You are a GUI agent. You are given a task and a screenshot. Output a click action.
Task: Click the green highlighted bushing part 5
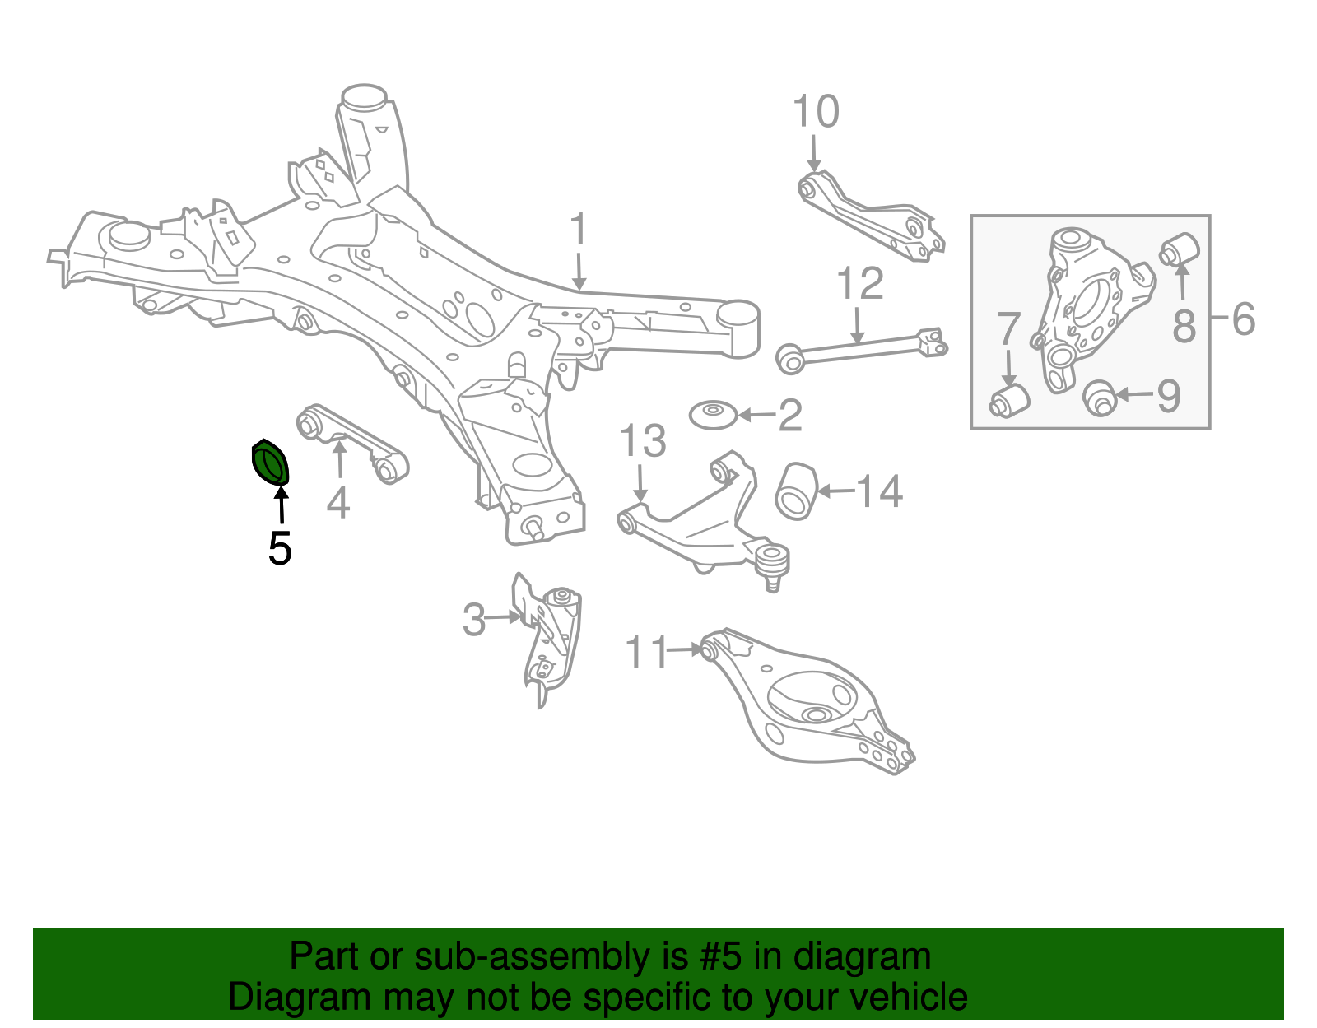(x=270, y=463)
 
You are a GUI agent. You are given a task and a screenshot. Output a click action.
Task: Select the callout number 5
(x=280, y=548)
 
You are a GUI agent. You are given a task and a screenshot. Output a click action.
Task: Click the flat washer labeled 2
(x=713, y=414)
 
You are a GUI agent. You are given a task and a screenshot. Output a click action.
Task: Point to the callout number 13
(x=642, y=442)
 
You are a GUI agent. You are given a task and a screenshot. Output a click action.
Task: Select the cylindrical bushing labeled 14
(x=796, y=491)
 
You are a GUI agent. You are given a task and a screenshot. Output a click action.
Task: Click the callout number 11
(x=647, y=652)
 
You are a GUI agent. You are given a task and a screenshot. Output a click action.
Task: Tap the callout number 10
(x=815, y=112)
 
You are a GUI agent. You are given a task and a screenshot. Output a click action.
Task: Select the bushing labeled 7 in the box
(x=1010, y=399)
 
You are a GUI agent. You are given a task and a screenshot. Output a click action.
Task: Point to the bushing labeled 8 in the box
(x=1180, y=249)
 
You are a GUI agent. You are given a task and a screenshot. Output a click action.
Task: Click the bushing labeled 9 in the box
(x=1099, y=398)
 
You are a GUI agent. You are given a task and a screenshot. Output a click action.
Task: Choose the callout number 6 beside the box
(x=1243, y=319)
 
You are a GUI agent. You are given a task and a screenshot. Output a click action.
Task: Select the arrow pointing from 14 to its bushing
(x=835, y=491)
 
